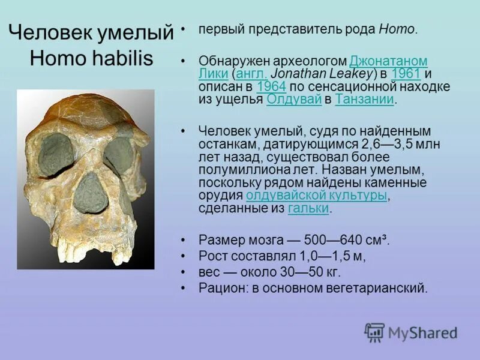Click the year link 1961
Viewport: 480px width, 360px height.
406,74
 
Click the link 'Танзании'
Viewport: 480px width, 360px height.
364,100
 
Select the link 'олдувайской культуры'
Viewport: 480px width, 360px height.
316,196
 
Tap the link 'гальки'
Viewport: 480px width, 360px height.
308,209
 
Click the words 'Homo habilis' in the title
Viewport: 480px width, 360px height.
91,58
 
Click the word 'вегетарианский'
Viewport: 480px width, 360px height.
379,288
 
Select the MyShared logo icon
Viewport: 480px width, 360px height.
374,332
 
